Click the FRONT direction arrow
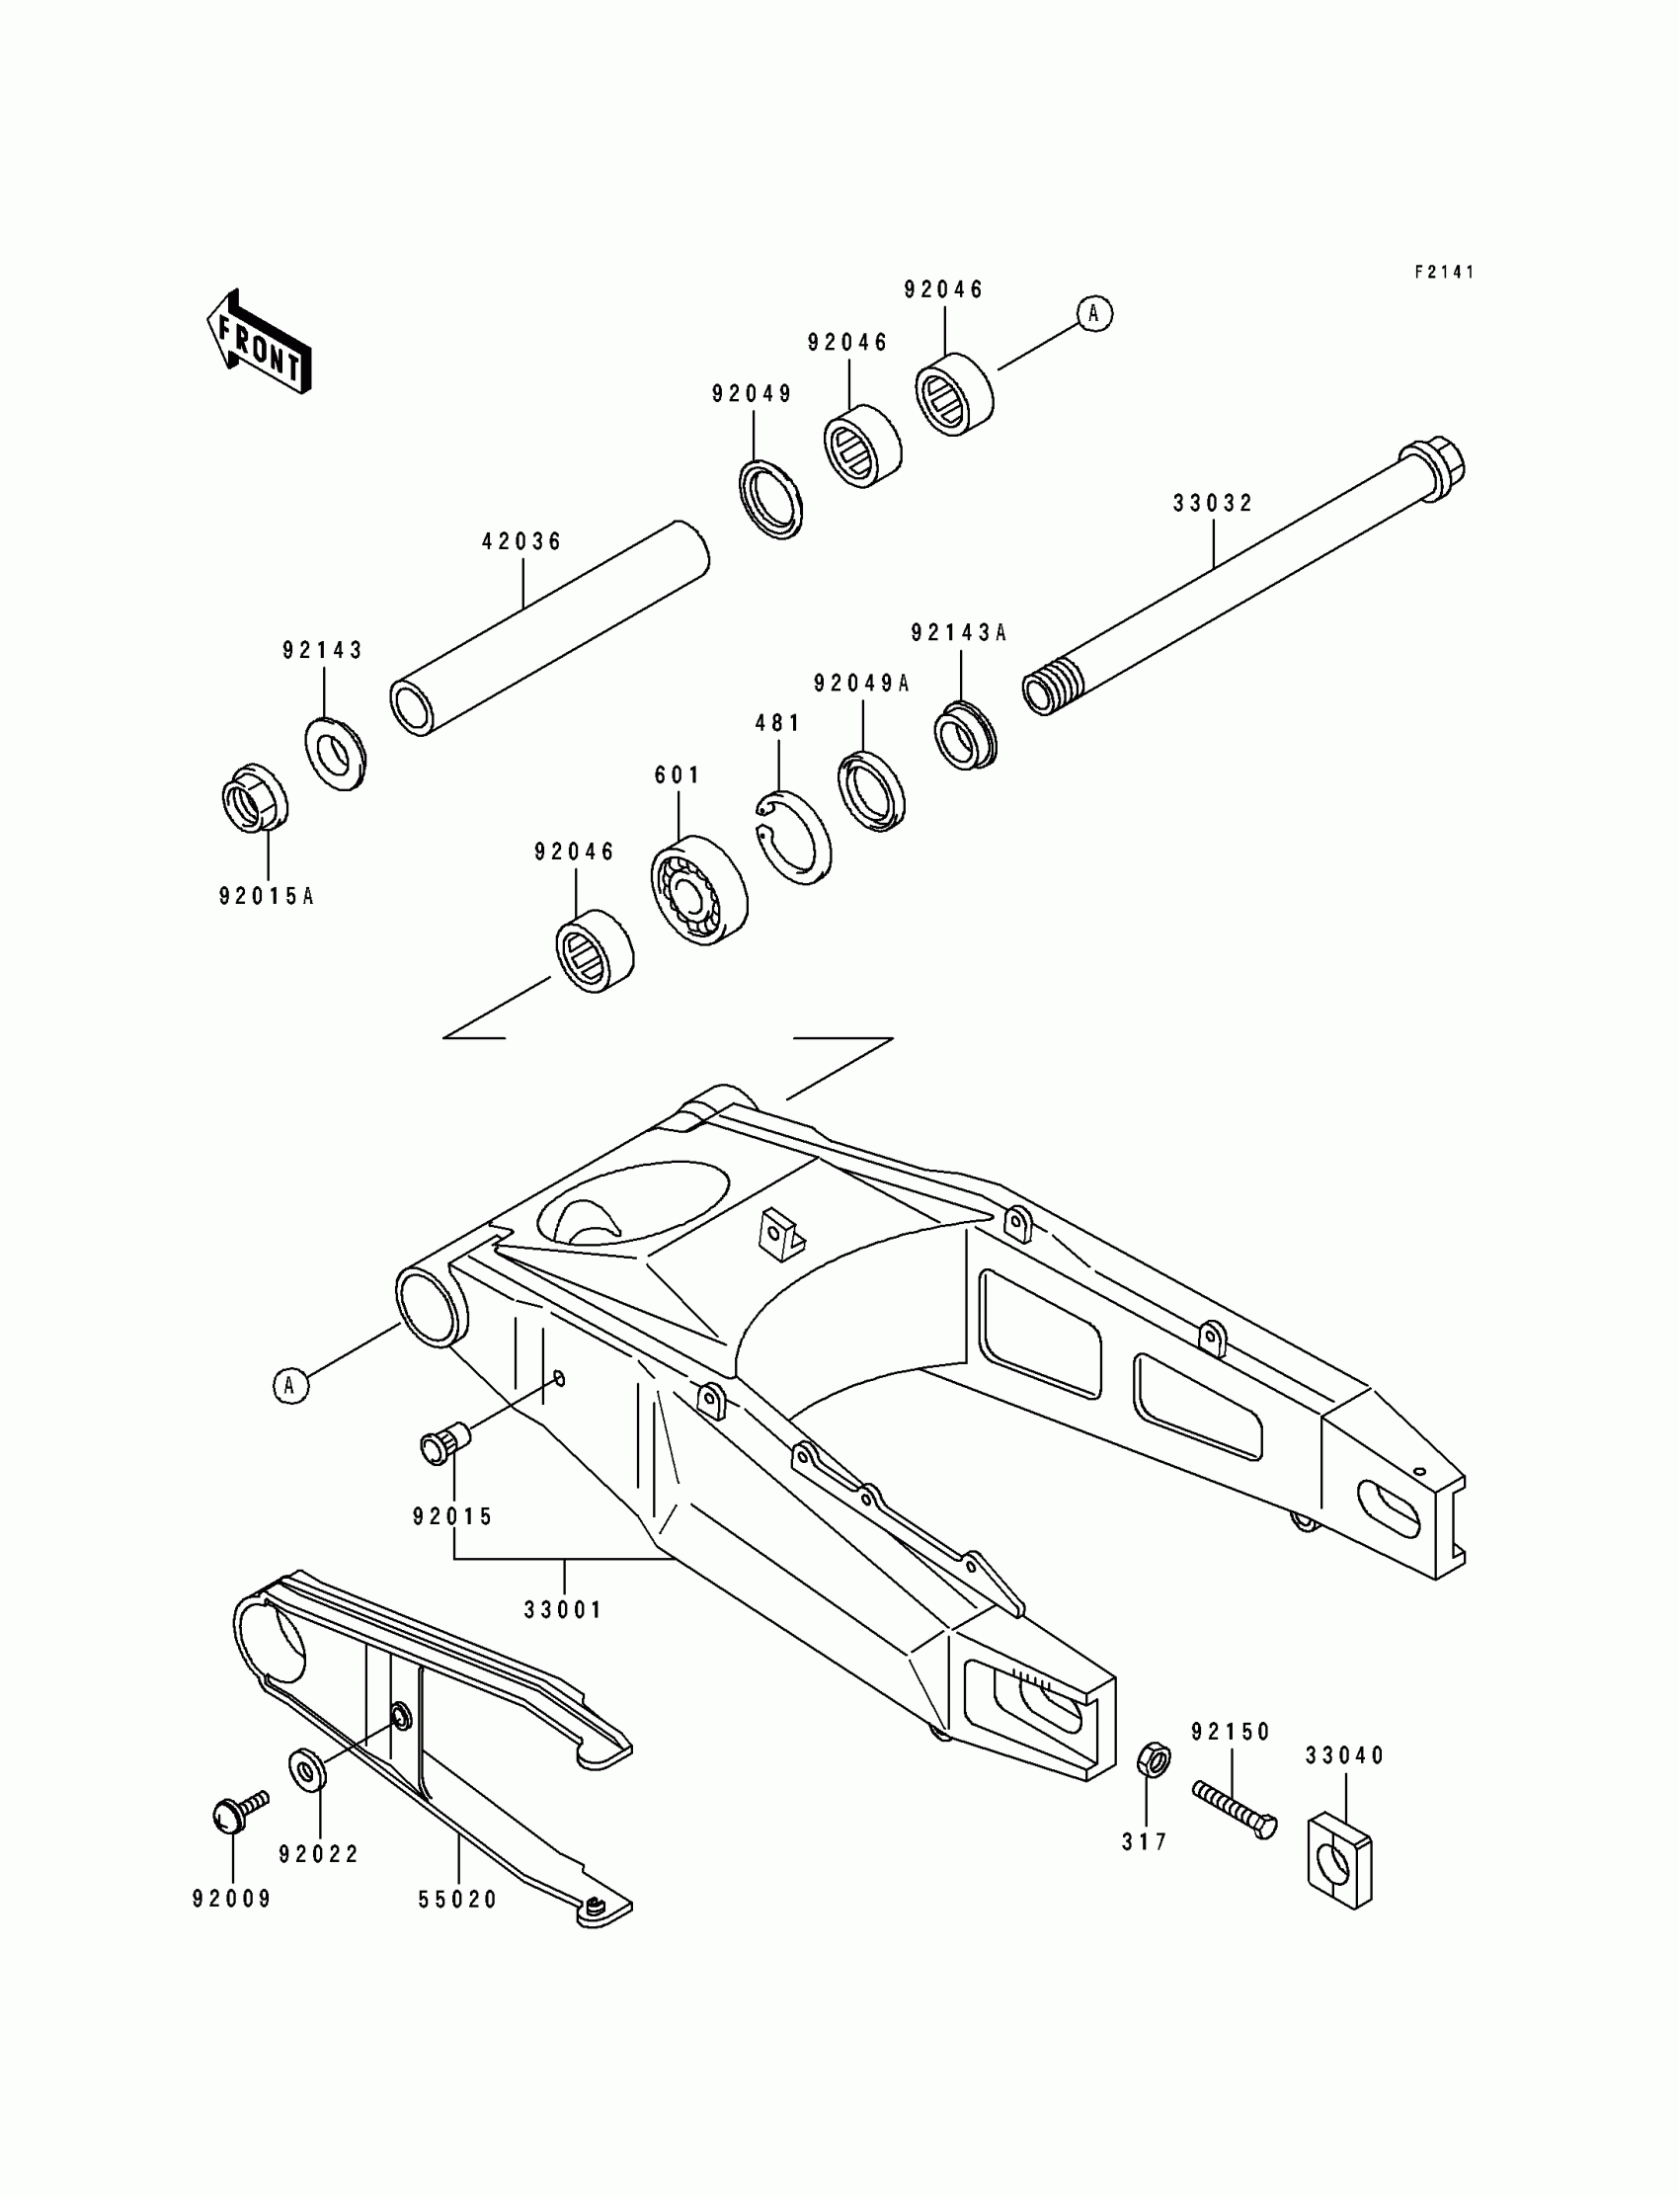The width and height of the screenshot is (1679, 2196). click(259, 342)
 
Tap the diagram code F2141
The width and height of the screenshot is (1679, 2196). click(1444, 272)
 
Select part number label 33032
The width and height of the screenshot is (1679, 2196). click(1212, 504)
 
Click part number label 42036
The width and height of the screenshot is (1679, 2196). click(522, 541)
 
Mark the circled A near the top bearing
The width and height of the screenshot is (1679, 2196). click(1094, 314)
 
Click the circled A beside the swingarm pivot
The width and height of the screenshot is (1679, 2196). click(290, 1385)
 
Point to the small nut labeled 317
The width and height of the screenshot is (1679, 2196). click(1154, 1759)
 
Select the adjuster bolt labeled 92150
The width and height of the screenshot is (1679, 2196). click(1235, 1809)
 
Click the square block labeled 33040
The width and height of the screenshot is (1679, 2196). click(1339, 1858)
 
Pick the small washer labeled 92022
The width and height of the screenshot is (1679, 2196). click(306, 1770)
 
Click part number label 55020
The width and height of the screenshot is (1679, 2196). click(457, 1899)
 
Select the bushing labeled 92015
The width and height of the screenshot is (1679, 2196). click(444, 1445)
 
